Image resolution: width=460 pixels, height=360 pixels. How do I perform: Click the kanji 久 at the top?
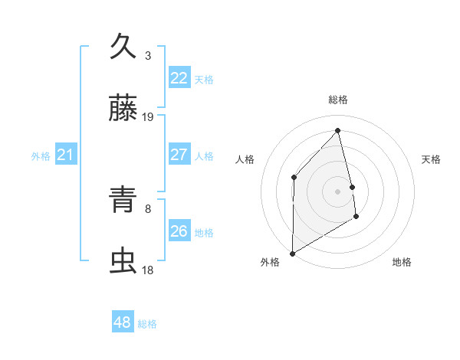123,47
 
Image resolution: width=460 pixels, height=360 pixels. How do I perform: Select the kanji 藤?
123,110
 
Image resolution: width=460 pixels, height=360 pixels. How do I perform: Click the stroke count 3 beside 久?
148,55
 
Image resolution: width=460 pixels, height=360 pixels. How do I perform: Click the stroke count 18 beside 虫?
148,270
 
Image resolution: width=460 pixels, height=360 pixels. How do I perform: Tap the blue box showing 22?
179,78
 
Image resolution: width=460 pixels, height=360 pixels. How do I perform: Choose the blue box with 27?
179,155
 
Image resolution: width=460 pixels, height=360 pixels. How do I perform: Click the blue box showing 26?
179,231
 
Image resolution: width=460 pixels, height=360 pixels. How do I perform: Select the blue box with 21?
66,155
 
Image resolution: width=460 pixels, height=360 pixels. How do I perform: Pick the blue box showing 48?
123,322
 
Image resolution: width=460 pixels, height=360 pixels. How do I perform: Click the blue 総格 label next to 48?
147,324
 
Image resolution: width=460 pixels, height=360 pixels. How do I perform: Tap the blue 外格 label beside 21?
41,156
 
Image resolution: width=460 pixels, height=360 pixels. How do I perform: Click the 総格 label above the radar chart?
338,100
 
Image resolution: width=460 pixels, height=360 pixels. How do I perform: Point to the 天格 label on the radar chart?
432,159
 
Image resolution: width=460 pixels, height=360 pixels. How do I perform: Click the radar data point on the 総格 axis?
338,130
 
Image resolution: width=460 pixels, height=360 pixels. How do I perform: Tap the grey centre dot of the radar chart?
338,191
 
